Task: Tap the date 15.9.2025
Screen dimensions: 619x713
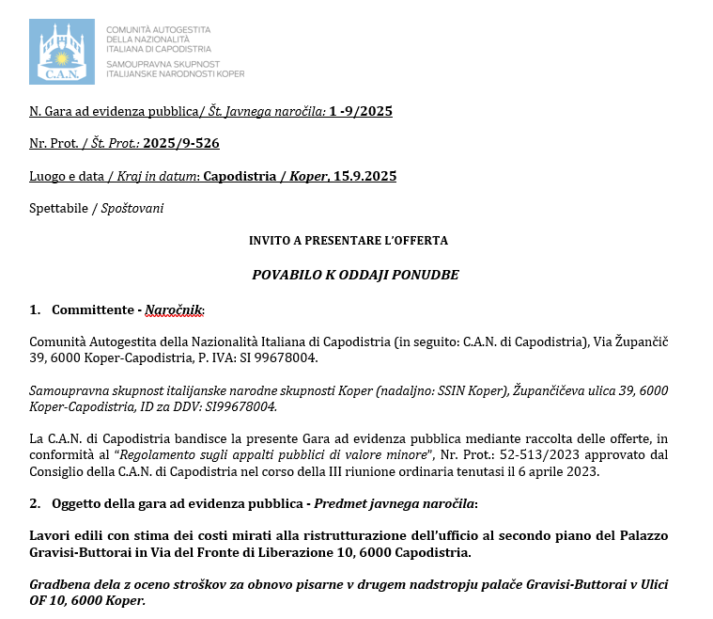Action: (x=366, y=176)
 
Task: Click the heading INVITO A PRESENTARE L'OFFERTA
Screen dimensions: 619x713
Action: (x=349, y=241)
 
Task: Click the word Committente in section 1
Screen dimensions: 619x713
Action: (x=92, y=309)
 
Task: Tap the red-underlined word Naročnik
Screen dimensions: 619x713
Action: (x=174, y=309)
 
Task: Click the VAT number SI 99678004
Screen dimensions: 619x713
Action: (x=282, y=358)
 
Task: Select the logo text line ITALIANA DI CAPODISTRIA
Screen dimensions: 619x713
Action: (x=159, y=48)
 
